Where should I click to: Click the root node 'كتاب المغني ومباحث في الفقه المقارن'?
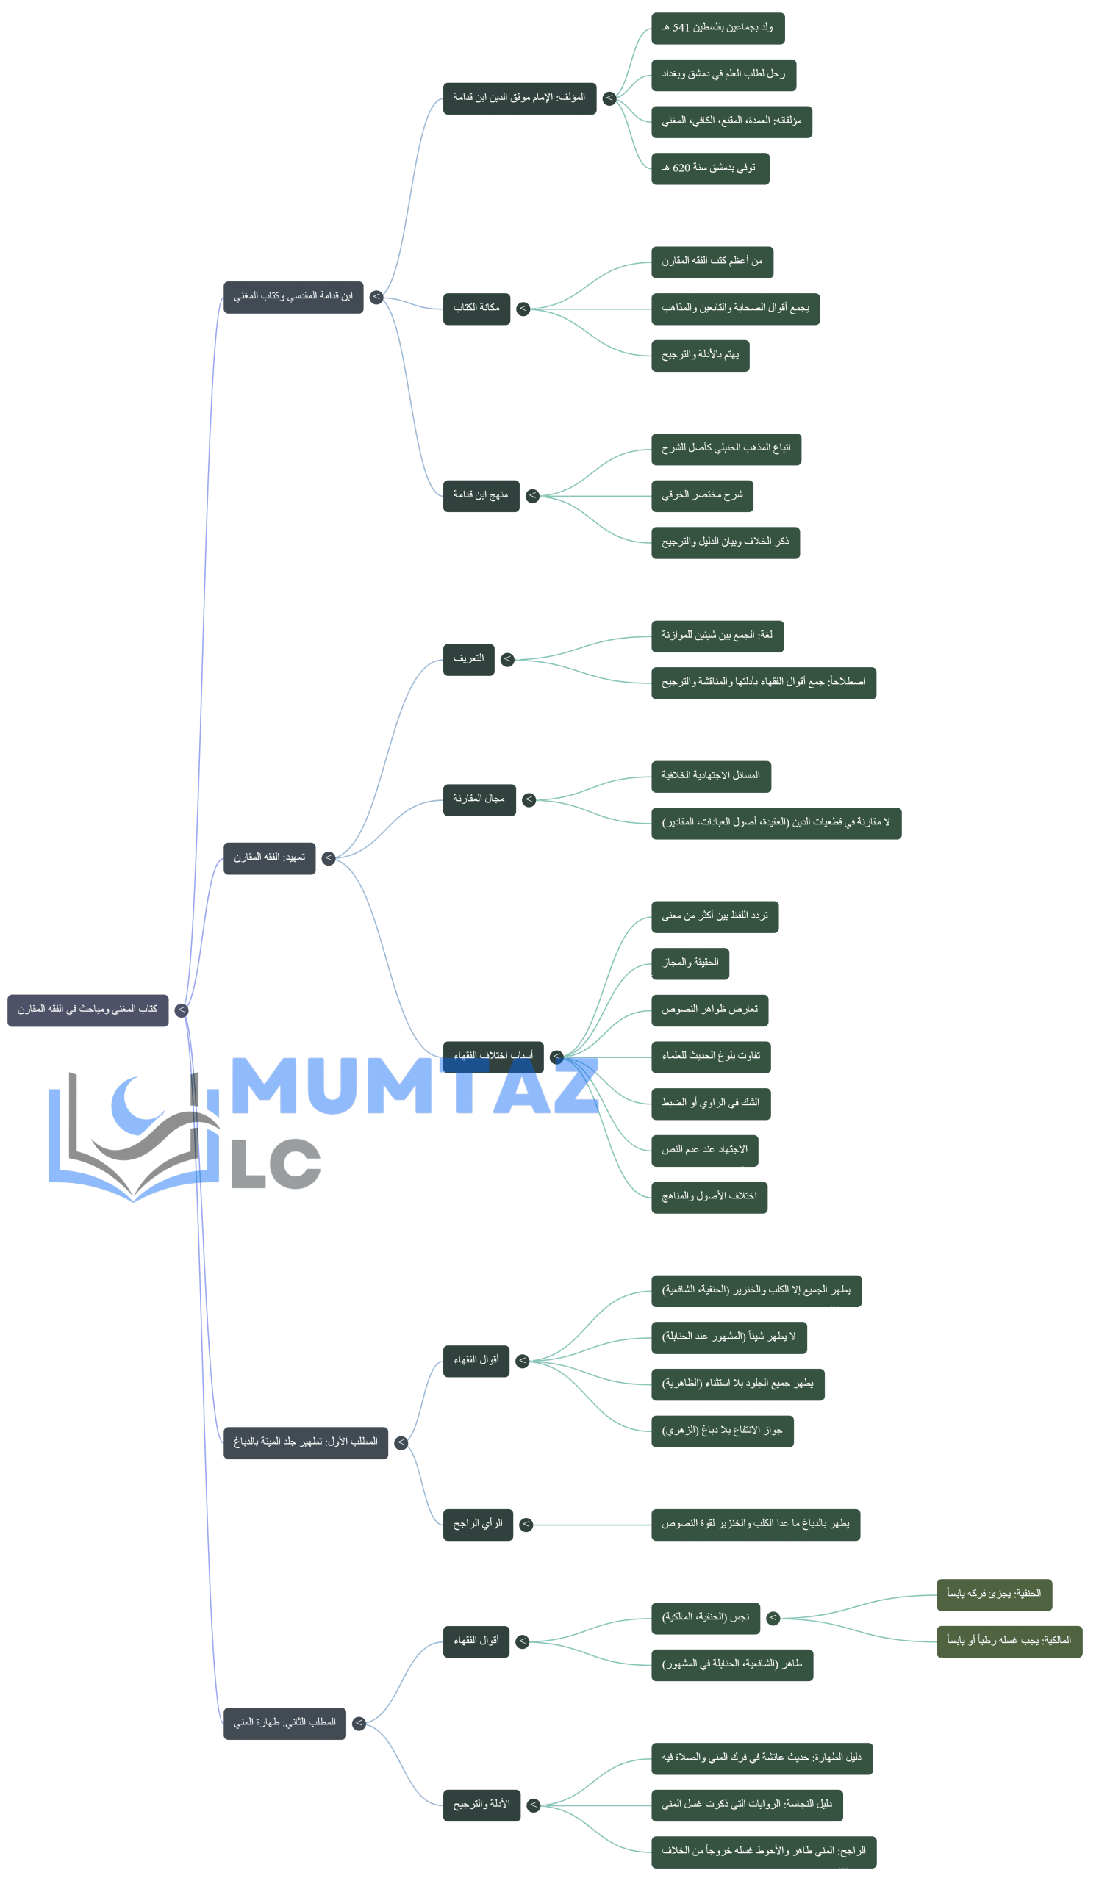(88, 1010)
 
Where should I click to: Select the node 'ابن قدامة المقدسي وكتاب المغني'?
(293, 297)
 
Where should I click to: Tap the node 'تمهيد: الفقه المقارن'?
(269, 857)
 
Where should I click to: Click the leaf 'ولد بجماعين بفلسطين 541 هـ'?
(717, 29)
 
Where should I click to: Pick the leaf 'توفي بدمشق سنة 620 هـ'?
(709, 168)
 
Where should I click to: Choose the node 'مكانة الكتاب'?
(476, 308)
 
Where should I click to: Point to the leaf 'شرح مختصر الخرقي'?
(701, 495)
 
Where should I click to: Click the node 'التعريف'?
(468, 658)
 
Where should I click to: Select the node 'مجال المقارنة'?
(479, 799)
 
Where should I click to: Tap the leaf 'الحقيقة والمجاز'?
(690, 963)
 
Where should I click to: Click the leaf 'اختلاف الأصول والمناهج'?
(709, 1196)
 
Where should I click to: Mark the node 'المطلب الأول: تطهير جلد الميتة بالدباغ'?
(305, 1442)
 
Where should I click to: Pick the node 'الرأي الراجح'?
(477, 1524)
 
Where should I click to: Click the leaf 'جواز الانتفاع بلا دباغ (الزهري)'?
(722, 1431)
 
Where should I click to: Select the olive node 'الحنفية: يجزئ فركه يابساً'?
(993, 1594)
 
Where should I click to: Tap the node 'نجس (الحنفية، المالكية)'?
(706, 1618)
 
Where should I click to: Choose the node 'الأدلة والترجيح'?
(481, 1805)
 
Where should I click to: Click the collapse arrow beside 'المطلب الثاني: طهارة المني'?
(359, 1723)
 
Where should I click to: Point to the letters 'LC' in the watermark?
(275, 1165)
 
